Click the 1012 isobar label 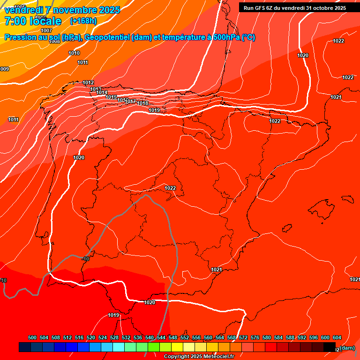[x=88, y=83]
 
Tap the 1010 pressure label [x=74, y=53]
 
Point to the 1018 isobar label [x=143, y=103]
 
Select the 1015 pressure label [x=111, y=97]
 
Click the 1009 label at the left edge [x=4, y=69]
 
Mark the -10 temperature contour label [x=85, y=259]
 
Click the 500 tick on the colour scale [x=32, y=337]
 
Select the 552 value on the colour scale [x=185, y=337]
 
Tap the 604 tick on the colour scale [x=337, y=337]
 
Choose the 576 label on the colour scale [x=255, y=337]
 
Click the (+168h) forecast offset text [x=83, y=21]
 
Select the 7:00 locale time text [x=32, y=21]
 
